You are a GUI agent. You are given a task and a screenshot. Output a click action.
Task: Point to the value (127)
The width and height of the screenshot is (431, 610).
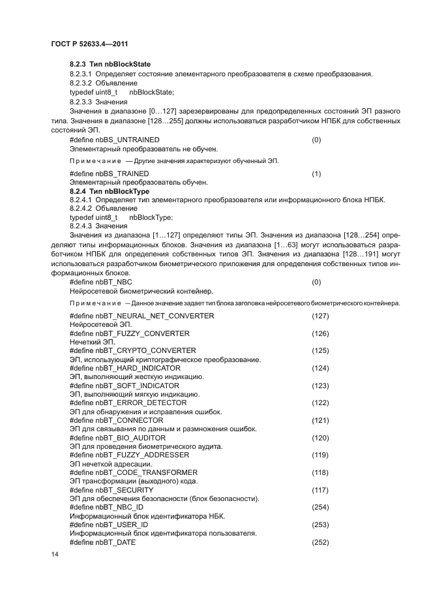coord(320,316)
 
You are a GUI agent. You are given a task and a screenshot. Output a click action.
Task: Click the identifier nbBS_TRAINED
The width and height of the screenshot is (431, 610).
coord(122,174)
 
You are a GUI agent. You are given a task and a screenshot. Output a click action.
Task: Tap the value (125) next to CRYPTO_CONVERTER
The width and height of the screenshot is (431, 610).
coord(320,351)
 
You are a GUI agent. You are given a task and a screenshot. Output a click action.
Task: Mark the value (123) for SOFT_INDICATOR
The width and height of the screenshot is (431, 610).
coord(320,386)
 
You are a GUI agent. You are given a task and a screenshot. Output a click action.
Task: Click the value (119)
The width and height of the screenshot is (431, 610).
coord(320,455)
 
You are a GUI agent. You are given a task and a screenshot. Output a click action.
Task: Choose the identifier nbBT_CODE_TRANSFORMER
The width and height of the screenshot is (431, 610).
coord(146,472)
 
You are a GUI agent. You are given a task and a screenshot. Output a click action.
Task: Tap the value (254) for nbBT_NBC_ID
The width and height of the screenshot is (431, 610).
coord(320,507)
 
